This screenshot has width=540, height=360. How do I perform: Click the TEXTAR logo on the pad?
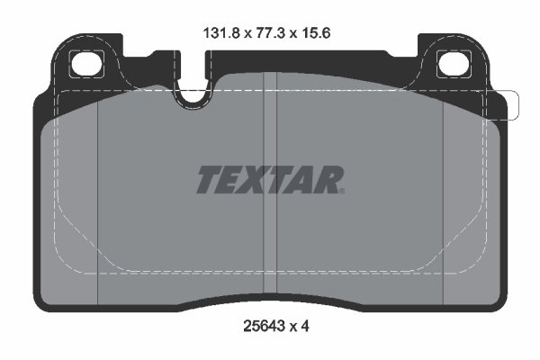[x=269, y=181]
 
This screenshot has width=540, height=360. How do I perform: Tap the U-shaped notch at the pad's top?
[x=191, y=95]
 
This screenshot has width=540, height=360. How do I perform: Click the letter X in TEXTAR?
[x=259, y=181]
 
